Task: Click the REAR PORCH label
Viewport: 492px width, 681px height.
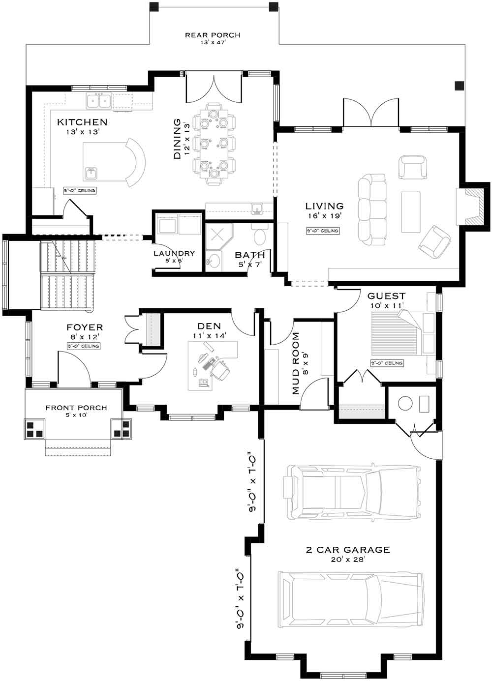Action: pyautogui.click(x=213, y=35)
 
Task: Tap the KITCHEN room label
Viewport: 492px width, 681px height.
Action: pyautogui.click(x=82, y=122)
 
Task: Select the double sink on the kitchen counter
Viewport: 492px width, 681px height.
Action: pyautogui.click(x=98, y=101)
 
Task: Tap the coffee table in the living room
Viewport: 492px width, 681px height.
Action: pyautogui.click(x=410, y=211)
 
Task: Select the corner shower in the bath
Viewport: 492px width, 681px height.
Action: pyautogui.click(x=217, y=237)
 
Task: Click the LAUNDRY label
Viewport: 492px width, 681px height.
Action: pyautogui.click(x=174, y=254)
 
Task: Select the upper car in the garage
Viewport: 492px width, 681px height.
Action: pyautogui.click(x=352, y=493)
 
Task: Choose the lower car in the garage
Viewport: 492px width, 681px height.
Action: pyautogui.click(x=350, y=599)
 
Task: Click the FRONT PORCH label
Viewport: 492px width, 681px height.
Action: pyautogui.click(x=76, y=408)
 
